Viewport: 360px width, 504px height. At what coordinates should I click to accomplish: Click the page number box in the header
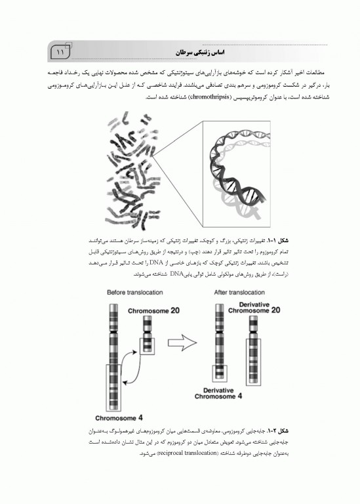pyautogui.click(x=59, y=51)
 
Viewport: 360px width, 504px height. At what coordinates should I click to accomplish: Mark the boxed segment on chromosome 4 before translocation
pyautogui.click(x=117, y=385)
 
